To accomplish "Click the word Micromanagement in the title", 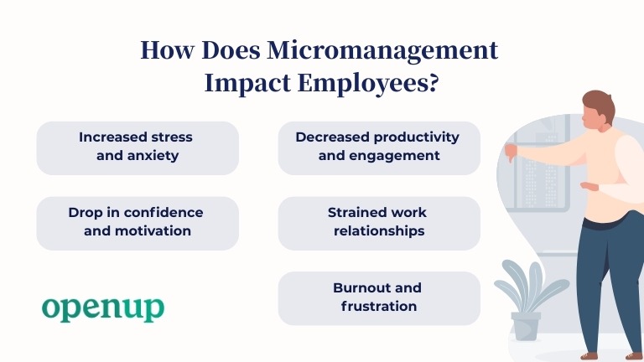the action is (382, 51).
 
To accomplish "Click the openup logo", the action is (103, 308).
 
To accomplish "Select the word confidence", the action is (163, 213).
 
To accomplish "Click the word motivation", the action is (153, 231).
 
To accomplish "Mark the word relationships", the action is (379, 231).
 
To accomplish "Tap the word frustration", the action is (379, 306).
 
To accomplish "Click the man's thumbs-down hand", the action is (512, 153).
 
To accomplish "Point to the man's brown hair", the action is (600, 104).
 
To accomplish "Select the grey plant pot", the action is (526, 326).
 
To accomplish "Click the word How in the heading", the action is (167, 51).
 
